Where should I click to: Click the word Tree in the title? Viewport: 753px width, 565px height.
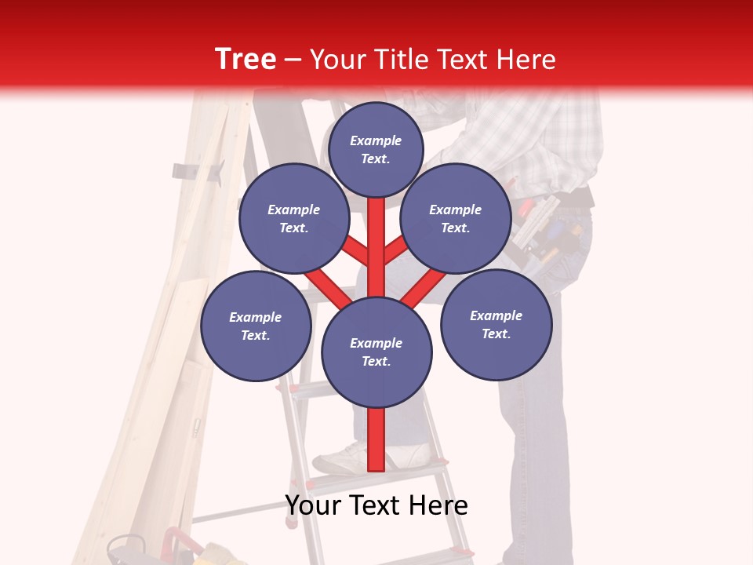click(x=246, y=60)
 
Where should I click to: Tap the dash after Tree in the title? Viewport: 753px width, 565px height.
click(x=293, y=60)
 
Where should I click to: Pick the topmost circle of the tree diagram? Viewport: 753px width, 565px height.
click(x=376, y=149)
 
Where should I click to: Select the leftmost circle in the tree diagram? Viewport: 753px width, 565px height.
click(x=256, y=326)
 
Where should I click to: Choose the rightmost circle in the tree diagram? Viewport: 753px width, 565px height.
click(x=497, y=324)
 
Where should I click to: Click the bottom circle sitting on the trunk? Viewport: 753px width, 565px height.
click(x=376, y=352)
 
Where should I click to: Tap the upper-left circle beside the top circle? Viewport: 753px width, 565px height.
click(x=294, y=218)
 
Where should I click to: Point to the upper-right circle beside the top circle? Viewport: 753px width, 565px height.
click(x=456, y=218)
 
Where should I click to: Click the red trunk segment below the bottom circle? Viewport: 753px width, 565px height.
click(x=376, y=439)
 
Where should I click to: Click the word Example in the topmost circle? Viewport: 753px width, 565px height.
click(x=376, y=140)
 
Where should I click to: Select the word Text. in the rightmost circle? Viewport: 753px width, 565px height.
click(x=497, y=334)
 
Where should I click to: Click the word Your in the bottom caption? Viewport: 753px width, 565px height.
click(x=312, y=505)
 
